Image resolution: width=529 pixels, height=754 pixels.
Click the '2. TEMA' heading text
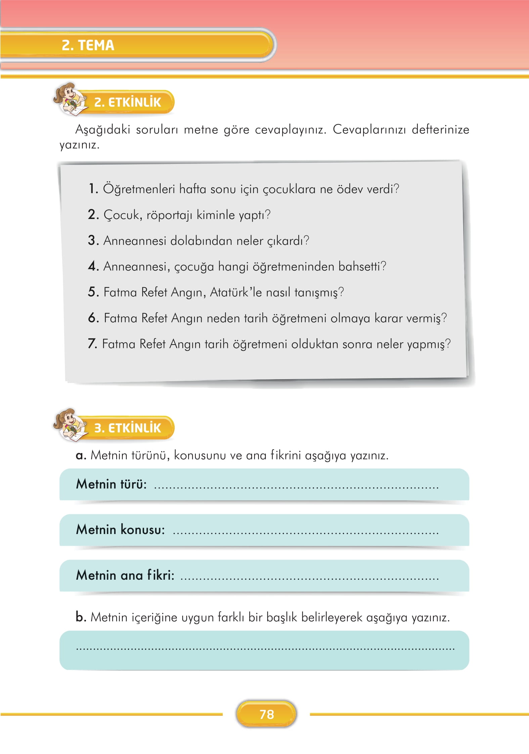coord(88,45)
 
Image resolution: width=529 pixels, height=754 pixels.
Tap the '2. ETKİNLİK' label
coord(128,102)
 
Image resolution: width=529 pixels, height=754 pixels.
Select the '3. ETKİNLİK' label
coord(128,428)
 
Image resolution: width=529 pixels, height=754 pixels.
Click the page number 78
coord(267,714)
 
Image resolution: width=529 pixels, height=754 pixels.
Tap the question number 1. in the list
coord(93,189)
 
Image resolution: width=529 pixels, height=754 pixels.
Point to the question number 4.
coord(93,266)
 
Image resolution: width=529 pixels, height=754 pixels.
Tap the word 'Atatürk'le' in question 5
coord(235,292)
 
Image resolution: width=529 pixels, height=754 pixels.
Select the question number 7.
coord(92,344)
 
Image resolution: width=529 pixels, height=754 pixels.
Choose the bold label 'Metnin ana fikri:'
coord(125,575)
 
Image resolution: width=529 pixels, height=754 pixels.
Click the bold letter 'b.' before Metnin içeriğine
coord(81,617)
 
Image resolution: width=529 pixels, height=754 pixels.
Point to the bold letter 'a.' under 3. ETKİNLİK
coord(81,456)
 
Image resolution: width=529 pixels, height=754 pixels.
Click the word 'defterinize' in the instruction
coord(440,129)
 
